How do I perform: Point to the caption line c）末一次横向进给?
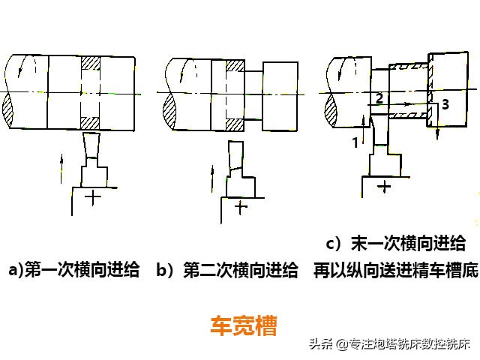(x=396, y=244)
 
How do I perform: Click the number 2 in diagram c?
(x=379, y=97)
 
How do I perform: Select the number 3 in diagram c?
(x=445, y=106)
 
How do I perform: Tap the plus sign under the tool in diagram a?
(x=93, y=197)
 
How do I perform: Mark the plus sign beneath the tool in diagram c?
(x=385, y=185)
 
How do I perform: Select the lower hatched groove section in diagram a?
(x=90, y=121)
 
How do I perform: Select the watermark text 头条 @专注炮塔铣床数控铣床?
(x=389, y=345)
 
